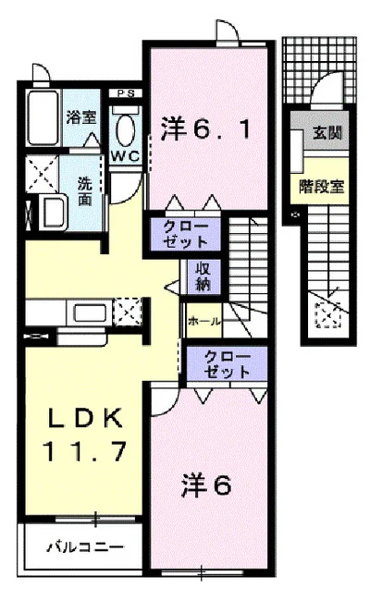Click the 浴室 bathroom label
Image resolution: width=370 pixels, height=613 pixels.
click(80, 117)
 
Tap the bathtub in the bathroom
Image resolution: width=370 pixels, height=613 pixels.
click(42, 117)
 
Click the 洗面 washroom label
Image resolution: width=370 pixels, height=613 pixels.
click(84, 190)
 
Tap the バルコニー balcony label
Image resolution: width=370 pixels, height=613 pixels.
click(84, 546)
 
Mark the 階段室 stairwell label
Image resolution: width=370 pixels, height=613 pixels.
click(321, 185)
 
